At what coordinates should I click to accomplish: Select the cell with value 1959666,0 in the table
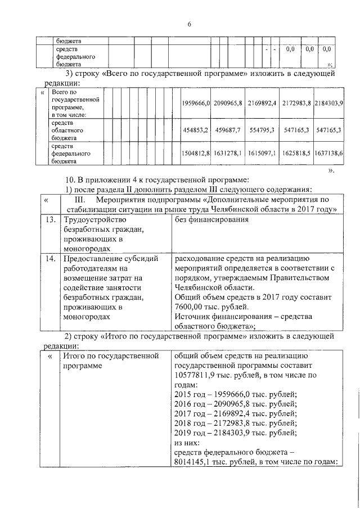click(196, 103)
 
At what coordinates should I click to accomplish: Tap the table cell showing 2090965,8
click(228, 103)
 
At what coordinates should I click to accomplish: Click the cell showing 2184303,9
click(329, 103)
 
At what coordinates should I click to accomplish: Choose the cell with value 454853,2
click(196, 130)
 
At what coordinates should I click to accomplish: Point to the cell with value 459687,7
click(228, 130)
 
